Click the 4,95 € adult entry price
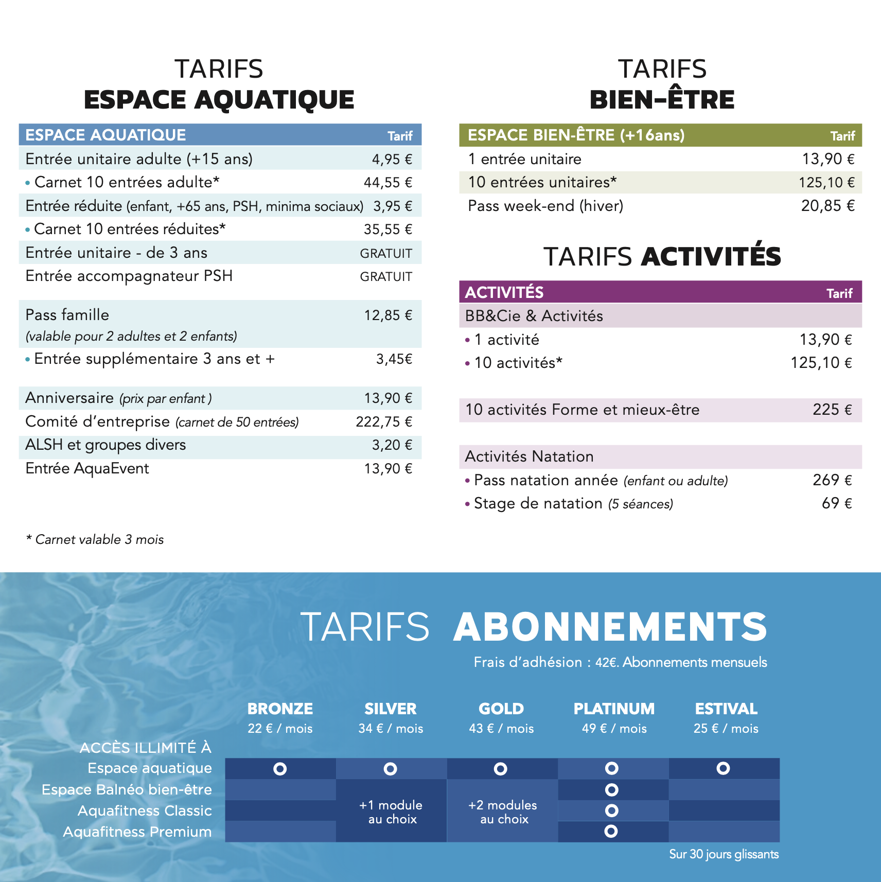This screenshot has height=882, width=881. [x=392, y=159]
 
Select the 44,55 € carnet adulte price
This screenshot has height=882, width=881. [x=387, y=183]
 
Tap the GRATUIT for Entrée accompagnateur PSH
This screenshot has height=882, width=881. [x=386, y=277]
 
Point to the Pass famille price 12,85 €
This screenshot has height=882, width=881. [x=388, y=315]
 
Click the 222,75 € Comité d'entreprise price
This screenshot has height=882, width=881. [x=384, y=422]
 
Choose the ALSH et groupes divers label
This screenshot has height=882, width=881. [x=105, y=445]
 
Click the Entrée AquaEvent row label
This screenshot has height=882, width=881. [x=87, y=468]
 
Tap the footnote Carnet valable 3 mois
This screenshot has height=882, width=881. [x=95, y=539]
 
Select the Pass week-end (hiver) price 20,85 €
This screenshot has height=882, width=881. [x=827, y=206]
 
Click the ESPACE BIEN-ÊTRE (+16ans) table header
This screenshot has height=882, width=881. [x=576, y=135]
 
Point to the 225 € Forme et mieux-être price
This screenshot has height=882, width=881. [x=832, y=410]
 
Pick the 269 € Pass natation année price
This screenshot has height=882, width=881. [x=832, y=480]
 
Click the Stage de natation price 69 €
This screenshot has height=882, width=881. [x=836, y=503]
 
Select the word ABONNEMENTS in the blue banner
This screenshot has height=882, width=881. [x=610, y=627]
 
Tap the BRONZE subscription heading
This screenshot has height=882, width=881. [x=280, y=709]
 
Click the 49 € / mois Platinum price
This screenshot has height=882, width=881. [x=614, y=729]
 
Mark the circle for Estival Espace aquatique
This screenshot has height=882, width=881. [x=723, y=768]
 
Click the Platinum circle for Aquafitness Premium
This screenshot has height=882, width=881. [x=611, y=831]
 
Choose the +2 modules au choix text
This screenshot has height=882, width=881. [x=503, y=812]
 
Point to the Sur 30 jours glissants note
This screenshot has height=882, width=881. [x=724, y=854]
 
